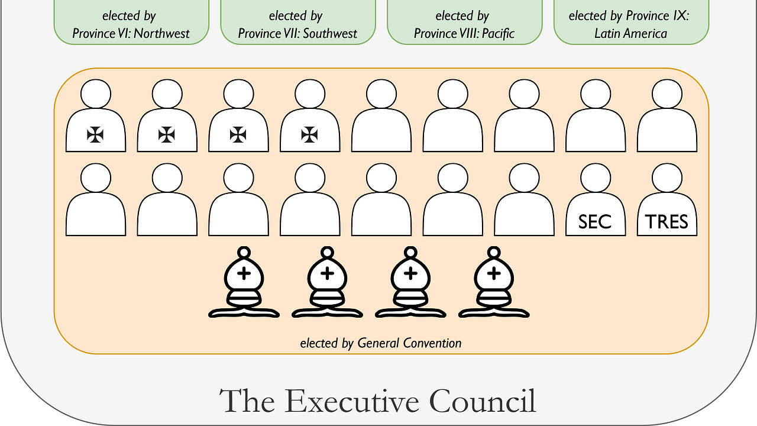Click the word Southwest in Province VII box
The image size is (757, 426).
point(328,33)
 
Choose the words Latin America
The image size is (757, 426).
point(630,33)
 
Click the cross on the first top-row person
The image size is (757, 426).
point(95,135)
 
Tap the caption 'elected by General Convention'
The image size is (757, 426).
point(381,343)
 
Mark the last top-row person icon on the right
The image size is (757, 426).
point(667,118)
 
